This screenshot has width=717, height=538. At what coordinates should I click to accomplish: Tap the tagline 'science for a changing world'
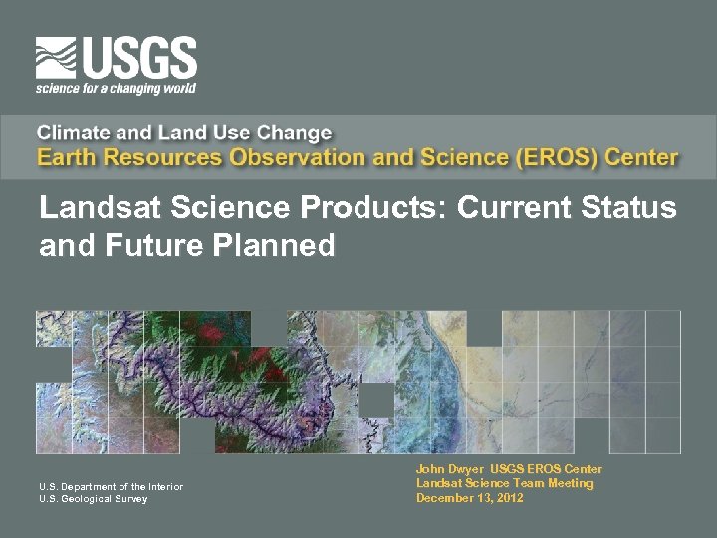116,88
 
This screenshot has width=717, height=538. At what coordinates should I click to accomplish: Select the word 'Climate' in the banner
76,133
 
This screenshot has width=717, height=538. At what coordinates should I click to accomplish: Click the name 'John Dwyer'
450,469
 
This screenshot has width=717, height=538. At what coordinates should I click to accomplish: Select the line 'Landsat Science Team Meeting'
504,483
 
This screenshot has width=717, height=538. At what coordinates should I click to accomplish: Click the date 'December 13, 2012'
469,497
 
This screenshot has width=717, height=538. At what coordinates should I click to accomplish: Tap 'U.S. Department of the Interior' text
111,486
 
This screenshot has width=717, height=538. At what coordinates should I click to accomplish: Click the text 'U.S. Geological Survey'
93,499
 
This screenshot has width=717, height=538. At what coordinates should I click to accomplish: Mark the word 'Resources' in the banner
165,157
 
